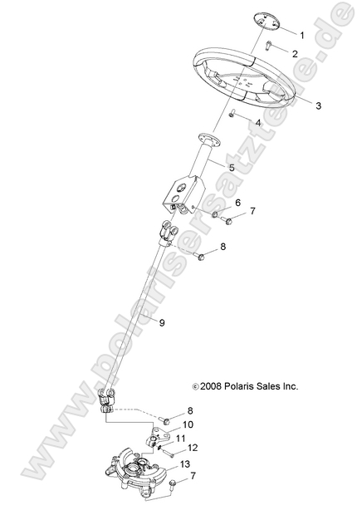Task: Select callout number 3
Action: [295, 105]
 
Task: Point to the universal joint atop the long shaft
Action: [166, 235]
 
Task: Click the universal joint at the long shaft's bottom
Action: [105, 400]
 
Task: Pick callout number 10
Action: [188, 424]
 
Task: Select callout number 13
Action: [185, 463]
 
